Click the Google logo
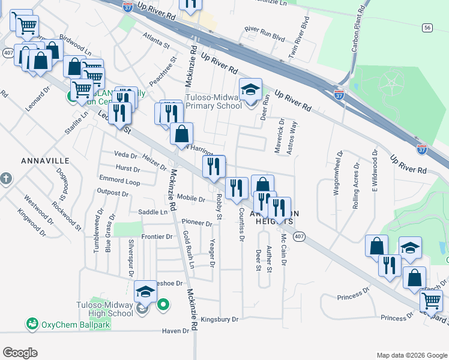[x=20, y=353]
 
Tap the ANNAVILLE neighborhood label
[x=45, y=161]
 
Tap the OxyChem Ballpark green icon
[x=31, y=324]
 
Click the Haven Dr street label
[x=175, y=331]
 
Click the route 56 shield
[x=427, y=28]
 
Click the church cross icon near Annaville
[x=6, y=178]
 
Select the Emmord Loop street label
[x=119, y=181]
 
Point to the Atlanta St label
[x=156, y=43]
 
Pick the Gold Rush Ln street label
[x=189, y=249]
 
